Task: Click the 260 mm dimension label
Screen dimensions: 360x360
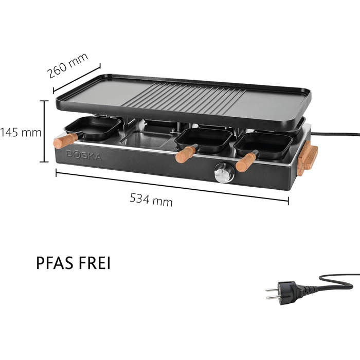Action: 67,65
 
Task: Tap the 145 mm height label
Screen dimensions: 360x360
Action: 21,133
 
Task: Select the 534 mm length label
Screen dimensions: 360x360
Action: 151,200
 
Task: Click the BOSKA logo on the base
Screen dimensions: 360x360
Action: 84,155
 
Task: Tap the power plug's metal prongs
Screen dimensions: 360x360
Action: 272,294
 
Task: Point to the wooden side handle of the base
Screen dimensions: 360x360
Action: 308,158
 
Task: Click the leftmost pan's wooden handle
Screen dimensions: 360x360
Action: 66,140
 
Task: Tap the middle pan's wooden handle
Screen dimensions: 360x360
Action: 185,154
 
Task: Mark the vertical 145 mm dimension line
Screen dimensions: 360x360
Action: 44,131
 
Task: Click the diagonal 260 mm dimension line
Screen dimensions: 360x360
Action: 77,78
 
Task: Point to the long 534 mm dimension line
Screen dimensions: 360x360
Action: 172,186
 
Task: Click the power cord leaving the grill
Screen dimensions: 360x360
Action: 335,134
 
